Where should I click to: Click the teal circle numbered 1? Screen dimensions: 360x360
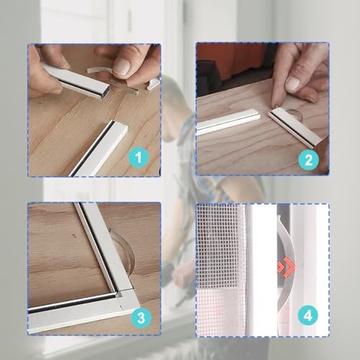[139, 158]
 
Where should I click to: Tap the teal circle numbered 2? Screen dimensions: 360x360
[309, 160]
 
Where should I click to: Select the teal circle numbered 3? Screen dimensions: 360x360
[141, 318]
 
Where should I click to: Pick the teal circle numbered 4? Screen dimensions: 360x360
[308, 315]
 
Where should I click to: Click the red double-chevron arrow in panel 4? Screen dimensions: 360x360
[287, 267]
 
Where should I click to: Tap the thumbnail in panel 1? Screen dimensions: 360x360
[122, 66]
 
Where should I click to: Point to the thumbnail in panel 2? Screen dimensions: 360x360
[293, 84]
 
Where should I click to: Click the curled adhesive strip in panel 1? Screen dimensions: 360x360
[99, 70]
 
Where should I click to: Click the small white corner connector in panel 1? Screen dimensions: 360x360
[153, 84]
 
